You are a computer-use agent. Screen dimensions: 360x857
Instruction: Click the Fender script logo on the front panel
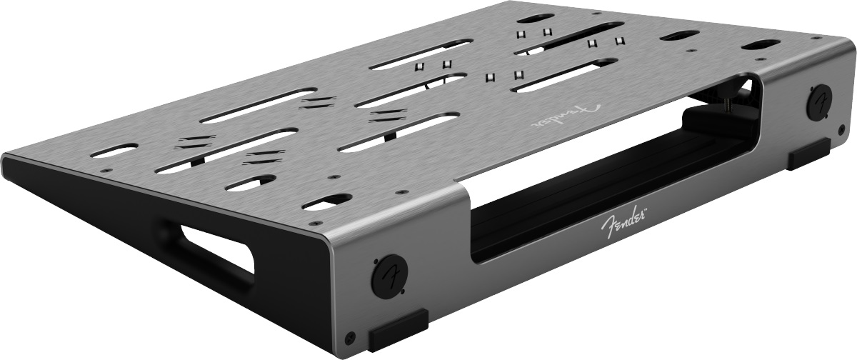point(619,223)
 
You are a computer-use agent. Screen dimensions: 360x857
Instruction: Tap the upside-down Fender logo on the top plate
point(564,114)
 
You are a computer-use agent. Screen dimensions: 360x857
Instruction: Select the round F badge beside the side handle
point(389,273)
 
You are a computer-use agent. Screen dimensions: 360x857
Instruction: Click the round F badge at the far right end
point(819,101)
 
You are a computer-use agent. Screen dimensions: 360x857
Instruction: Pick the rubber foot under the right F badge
point(808,154)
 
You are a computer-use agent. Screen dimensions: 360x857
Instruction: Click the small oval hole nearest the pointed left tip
point(114,150)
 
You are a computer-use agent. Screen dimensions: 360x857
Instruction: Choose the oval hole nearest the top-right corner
point(760,46)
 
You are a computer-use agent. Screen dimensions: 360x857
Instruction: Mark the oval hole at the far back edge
point(534,18)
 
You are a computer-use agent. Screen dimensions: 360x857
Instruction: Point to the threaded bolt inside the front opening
point(728,106)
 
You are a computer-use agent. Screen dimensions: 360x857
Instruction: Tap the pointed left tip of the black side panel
point(6,159)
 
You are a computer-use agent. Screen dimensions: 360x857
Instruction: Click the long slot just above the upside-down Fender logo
point(564,75)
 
